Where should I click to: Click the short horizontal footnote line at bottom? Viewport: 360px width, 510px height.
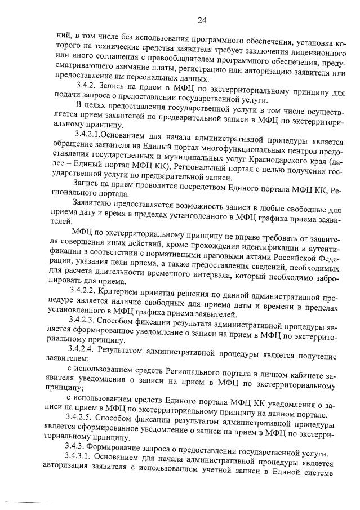pos(31,501)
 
